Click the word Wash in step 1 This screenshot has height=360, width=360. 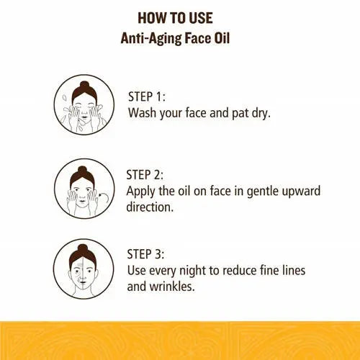click(143, 114)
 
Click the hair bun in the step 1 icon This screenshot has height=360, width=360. click(85, 87)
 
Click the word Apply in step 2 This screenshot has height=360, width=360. click(143, 191)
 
